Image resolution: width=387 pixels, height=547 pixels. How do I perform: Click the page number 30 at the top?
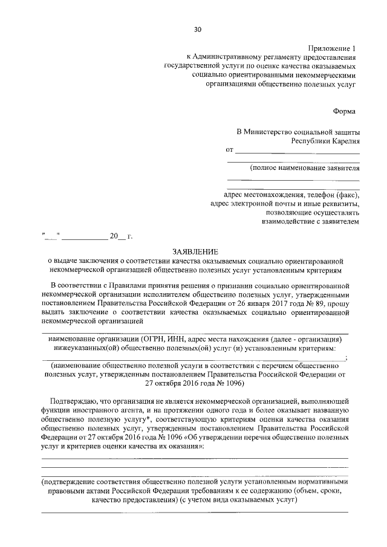tap(197, 29)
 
